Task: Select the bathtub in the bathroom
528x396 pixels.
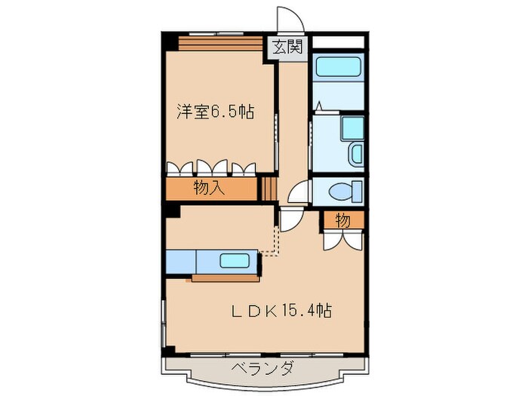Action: coord(338,72)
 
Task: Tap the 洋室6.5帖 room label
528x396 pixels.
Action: coord(214,112)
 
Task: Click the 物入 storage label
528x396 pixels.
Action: coord(209,189)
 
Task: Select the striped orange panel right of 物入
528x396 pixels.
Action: coord(269,189)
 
